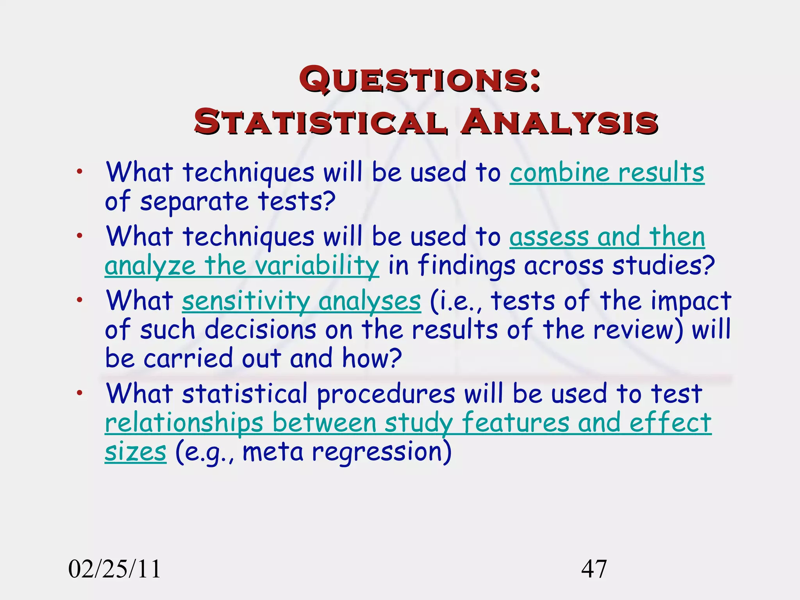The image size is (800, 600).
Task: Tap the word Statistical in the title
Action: (320, 122)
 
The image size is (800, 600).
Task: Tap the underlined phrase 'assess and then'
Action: (607, 237)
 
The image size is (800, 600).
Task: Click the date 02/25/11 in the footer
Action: (114, 569)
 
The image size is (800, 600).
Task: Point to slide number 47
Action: (594, 569)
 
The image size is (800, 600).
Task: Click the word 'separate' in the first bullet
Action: (194, 202)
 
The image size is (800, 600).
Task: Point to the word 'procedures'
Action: (386, 393)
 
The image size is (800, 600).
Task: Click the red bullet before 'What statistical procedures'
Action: (80, 393)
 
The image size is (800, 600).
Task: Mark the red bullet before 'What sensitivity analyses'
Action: (80, 300)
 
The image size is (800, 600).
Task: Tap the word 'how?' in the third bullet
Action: (371, 358)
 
